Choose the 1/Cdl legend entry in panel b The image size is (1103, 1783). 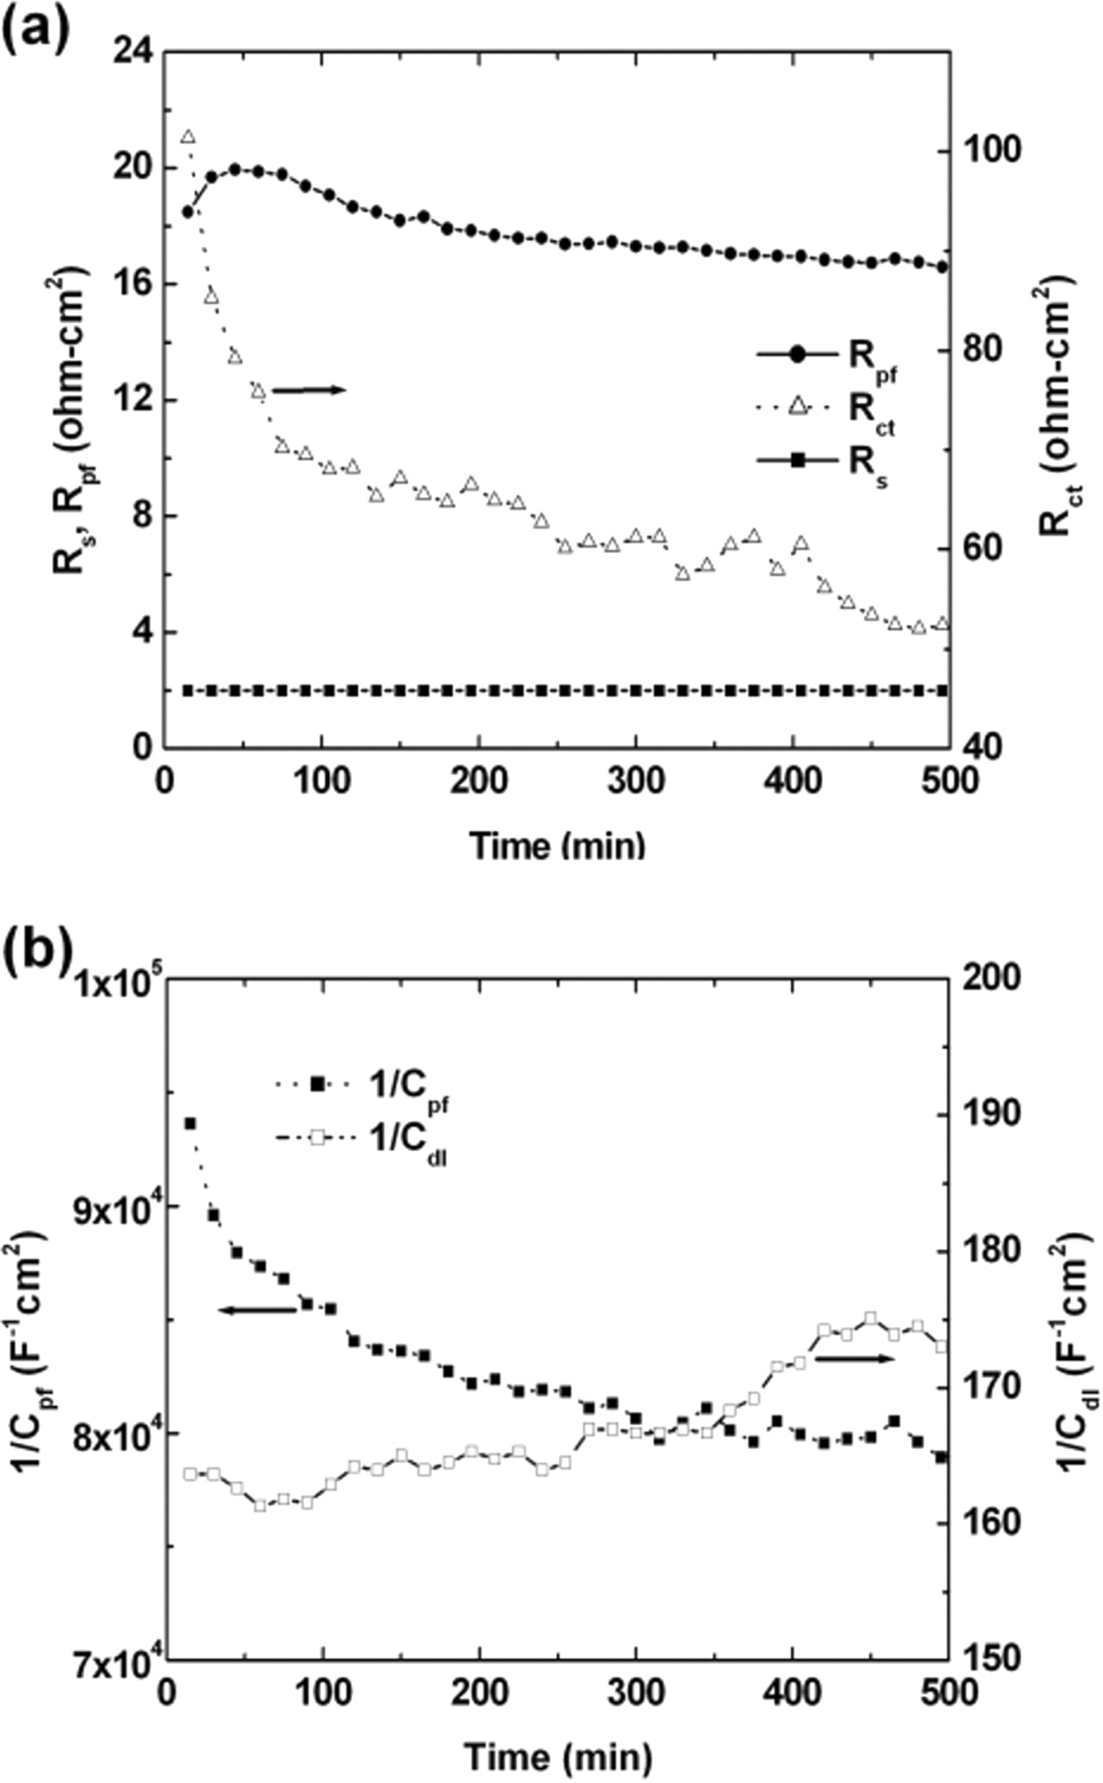coord(367,1140)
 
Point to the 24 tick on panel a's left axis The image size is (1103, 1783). coord(134,51)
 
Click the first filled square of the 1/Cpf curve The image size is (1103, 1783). coord(189,1123)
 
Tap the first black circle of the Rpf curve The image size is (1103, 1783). coord(188,211)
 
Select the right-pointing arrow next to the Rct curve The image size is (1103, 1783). coord(308,390)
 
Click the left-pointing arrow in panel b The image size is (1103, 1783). coord(257,1311)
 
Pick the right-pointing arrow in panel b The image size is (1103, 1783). coord(854,1359)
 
